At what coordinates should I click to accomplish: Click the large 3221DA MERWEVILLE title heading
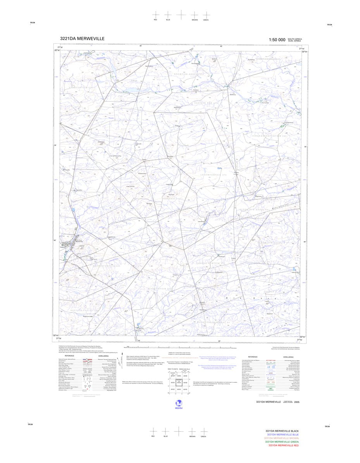pyautogui.click(x=82, y=38)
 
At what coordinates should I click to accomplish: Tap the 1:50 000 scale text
pyautogui.click(x=277, y=40)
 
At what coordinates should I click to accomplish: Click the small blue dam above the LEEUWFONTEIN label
pyautogui.click(x=219, y=169)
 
